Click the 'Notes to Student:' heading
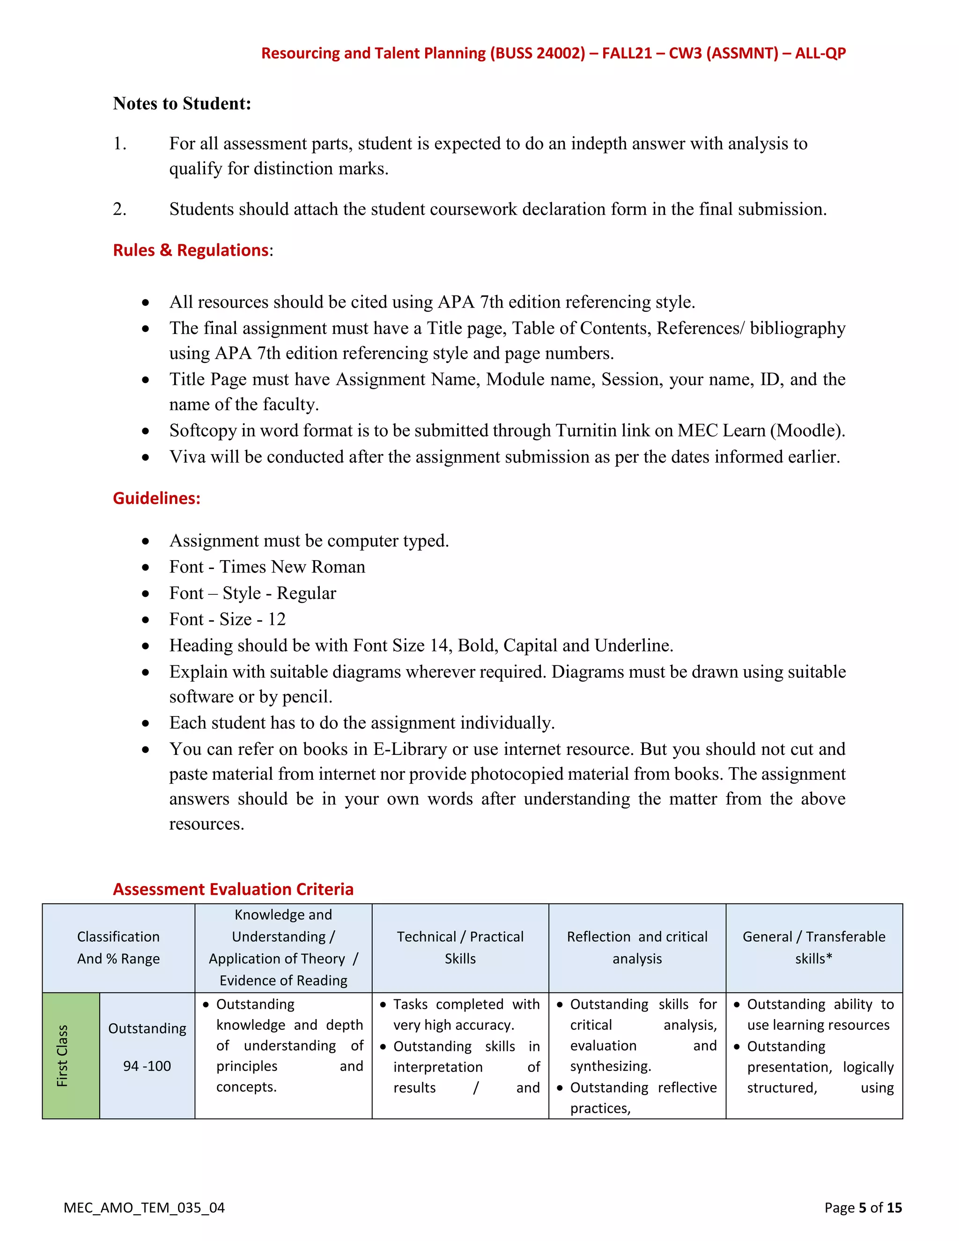(x=182, y=103)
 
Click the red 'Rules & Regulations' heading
(x=190, y=250)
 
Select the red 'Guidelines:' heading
(x=156, y=498)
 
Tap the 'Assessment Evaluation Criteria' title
(x=233, y=889)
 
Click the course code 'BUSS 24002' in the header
(x=538, y=53)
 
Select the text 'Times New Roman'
(x=292, y=567)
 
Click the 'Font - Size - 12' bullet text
(x=227, y=620)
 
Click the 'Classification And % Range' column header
(x=118, y=948)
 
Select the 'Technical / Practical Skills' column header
(x=460, y=948)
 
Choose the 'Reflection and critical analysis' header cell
(x=637, y=948)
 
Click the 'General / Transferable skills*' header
(x=813, y=948)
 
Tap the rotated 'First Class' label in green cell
(x=62, y=1056)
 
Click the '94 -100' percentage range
(x=147, y=1066)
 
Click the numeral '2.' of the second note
(x=119, y=209)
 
